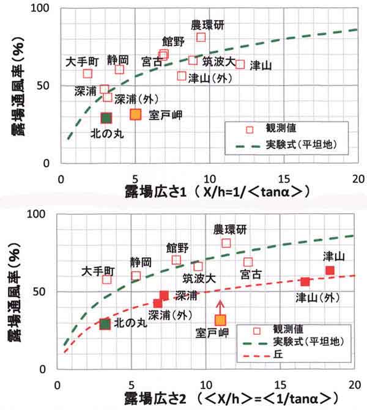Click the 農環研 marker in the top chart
point(201,37)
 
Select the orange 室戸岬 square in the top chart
point(136,114)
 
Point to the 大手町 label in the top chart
point(81,62)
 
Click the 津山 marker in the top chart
point(240,64)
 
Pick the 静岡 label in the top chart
point(117,59)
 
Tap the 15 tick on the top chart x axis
point(284,179)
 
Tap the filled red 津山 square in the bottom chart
point(330,270)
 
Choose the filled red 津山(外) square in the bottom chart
point(305,282)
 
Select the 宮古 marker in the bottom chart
point(248,262)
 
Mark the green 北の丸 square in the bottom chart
point(105,324)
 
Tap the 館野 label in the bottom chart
point(178,247)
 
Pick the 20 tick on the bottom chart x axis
point(355,385)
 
